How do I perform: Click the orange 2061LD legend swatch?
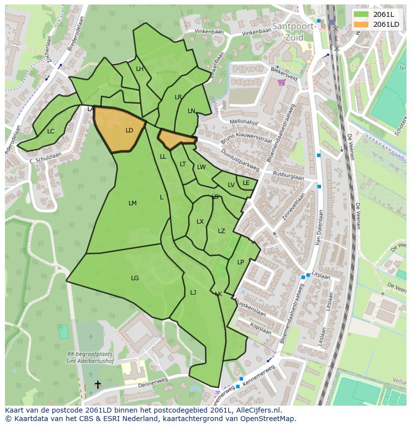click(x=361, y=24)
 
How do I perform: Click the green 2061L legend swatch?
click(x=361, y=14)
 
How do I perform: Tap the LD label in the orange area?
click(x=129, y=130)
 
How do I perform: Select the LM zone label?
click(x=133, y=203)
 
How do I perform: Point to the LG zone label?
click(x=135, y=278)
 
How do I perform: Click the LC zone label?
click(x=51, y=131)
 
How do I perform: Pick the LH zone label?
click(x=139, y=69)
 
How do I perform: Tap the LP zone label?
click(x=240, y=262)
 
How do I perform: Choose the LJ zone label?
click(x=193, y=293)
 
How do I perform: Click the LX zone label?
click(x=200, y=222)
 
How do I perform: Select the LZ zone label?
click(x=221, y=231)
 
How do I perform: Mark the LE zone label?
click(x=246, y=183)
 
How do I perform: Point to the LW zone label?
click(x=201, y=167)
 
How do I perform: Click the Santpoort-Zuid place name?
click(x=294, y=32)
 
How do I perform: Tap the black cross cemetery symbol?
click(x=98, y=384)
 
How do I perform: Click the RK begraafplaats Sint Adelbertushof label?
click(x=89, y=358)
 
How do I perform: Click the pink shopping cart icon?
click(x=281, y=82)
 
